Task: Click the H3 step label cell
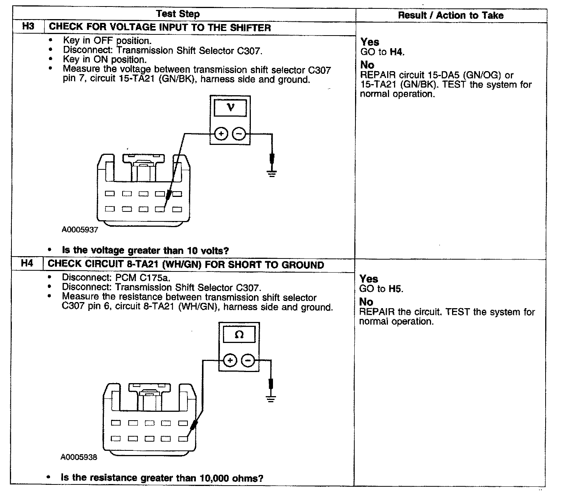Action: [28, 27]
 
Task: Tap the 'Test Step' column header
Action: [178, 14]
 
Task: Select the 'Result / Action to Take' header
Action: [451, 15]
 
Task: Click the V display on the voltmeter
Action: [230, 108]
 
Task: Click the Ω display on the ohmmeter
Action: [239, 335]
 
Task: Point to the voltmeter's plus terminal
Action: [221, 134]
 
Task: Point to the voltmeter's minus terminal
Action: [239, 134]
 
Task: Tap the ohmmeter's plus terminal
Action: [230, 361]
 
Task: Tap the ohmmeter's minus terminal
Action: [248, 361]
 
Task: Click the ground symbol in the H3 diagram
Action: [271, 172]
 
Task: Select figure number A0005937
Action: [80, 230]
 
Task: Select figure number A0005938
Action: [79, 457]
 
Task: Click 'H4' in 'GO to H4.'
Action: [396, 52]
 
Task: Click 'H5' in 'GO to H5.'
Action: [395, 289]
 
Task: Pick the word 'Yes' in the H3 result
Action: [370, 42]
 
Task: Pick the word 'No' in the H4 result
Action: [366, 302]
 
